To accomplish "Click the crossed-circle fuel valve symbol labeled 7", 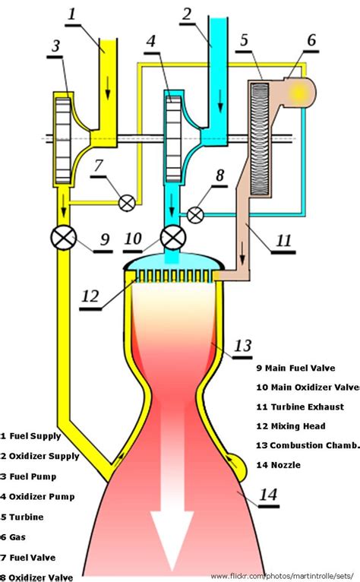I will (x=127, y=202).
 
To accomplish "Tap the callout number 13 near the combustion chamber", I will (x=242, y=346).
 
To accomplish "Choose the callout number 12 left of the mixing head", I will (x=90, y=296).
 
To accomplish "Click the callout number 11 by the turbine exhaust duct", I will (x=284, y=242).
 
